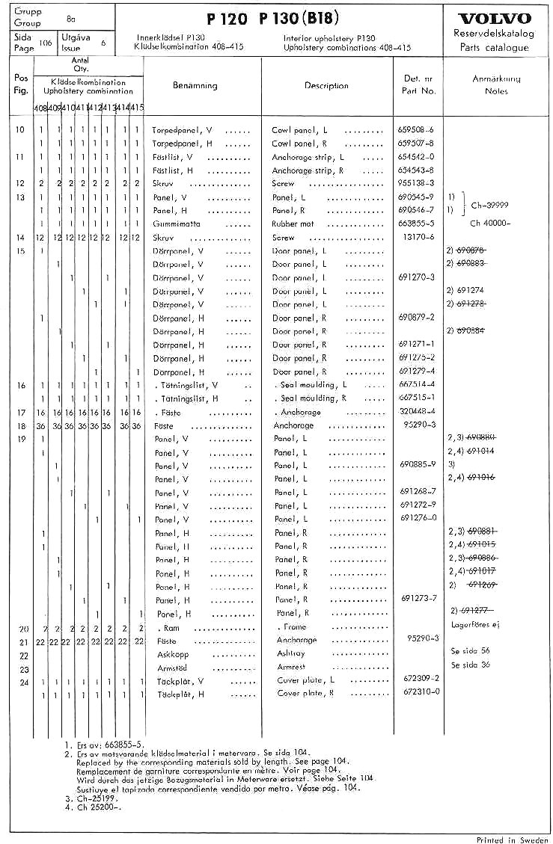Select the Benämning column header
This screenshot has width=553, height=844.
[x=195, y=85]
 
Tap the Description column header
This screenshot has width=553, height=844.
[x=326, y=85]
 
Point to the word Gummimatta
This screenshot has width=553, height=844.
[x=175, y=224]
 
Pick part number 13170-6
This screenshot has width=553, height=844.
[x=414, y=237]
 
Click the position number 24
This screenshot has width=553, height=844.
[x=22, y=682]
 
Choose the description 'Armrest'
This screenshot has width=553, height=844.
[x=291, y=667]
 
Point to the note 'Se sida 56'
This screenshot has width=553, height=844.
[x=469, y=651]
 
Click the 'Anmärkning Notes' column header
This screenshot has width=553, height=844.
[x=496, y=84]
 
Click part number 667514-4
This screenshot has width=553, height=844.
[x=417, y=385]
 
